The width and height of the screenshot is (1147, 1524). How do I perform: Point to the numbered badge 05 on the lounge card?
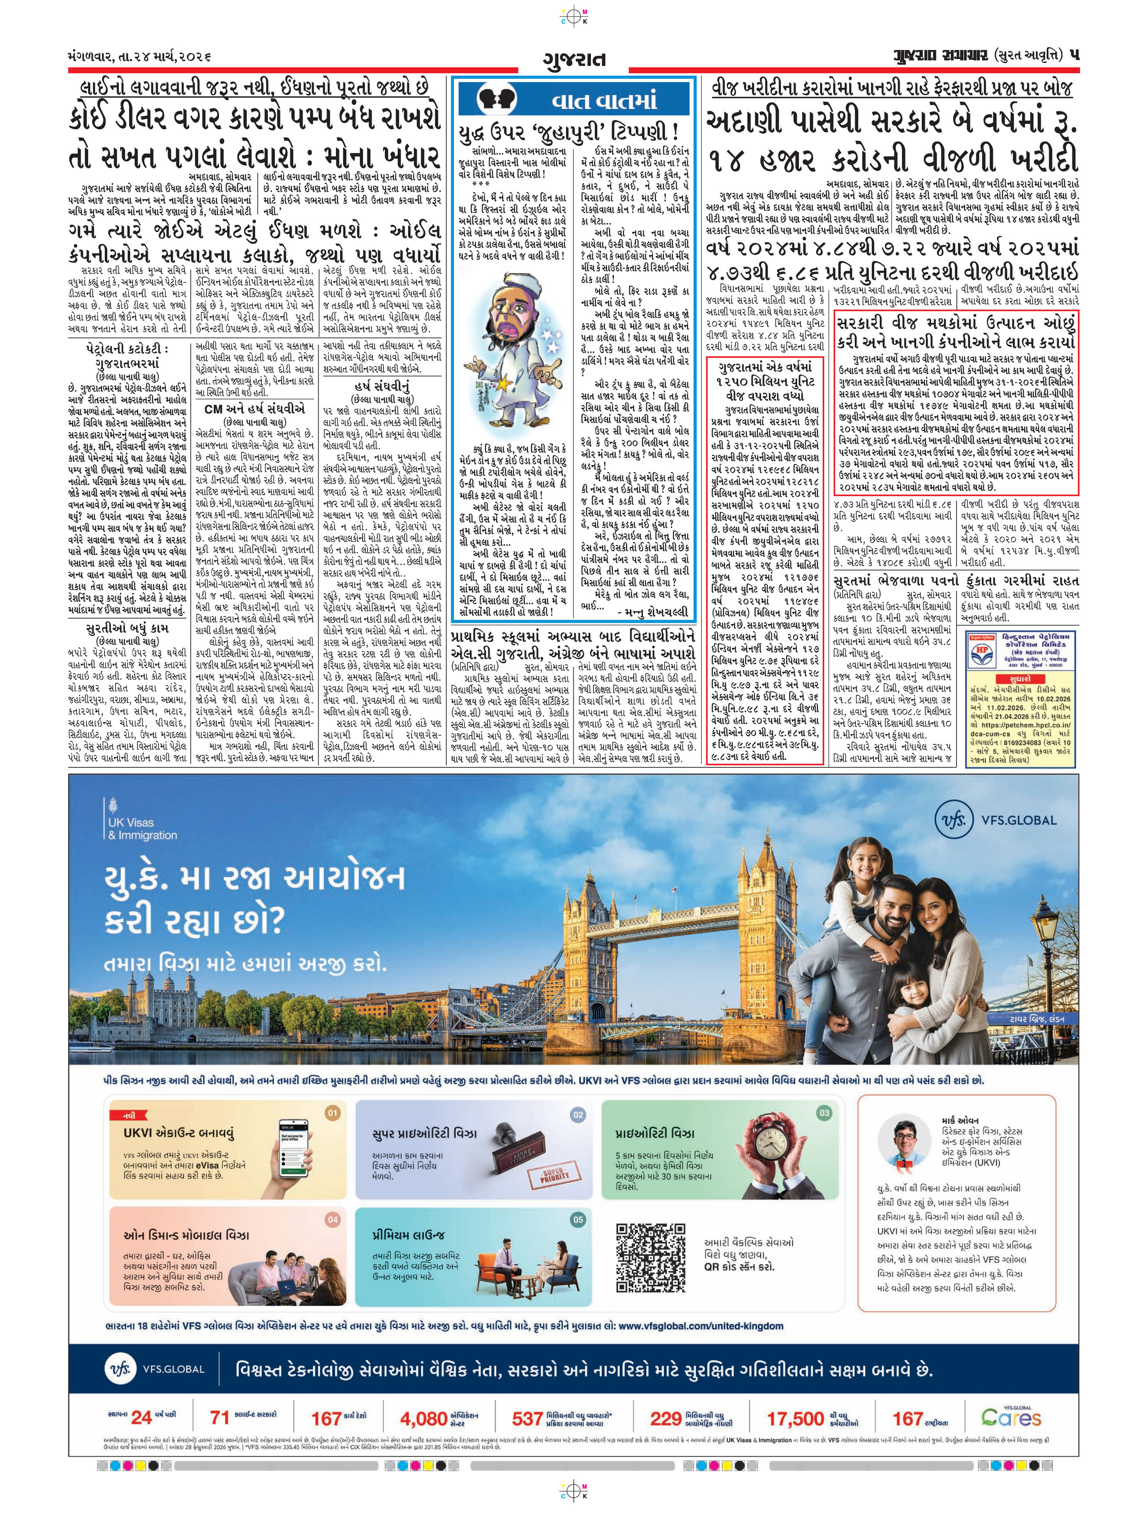577,1220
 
